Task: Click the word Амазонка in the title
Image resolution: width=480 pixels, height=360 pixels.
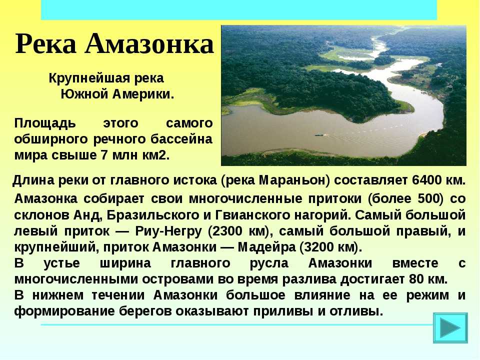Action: [149, 44]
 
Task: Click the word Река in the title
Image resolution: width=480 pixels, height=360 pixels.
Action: [45, 44]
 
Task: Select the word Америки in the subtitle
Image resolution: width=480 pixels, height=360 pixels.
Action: [143, 94]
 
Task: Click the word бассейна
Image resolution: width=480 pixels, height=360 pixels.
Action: [181, 139]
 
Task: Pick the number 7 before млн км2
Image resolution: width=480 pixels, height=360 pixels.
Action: [104, 155]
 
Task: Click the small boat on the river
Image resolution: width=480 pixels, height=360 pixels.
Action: [319, 134]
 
